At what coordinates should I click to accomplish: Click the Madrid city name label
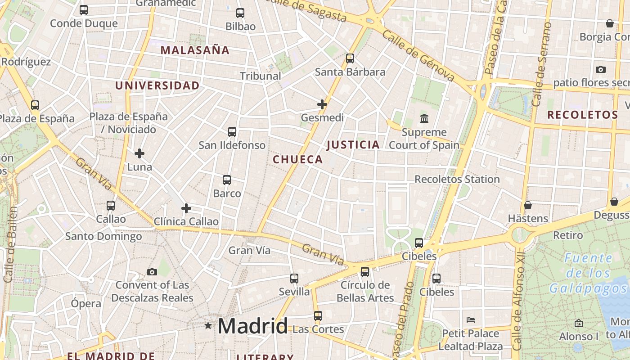tap(252, 326)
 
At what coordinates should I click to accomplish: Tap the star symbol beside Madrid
tap(208, 325)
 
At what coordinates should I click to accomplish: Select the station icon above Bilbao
tap(240, 13)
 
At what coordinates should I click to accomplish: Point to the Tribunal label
tap(261, 76)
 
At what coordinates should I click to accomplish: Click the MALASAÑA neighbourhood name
tap(195, 50)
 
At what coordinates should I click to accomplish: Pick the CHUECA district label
tap(298, 159)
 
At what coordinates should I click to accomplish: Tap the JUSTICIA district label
tap(353, 144)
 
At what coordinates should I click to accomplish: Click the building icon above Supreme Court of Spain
tap(424, 119)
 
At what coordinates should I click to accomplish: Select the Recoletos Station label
tap(457, 179)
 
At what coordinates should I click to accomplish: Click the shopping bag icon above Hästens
tap(528, 205)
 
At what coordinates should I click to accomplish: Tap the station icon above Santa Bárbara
tap(350, 58)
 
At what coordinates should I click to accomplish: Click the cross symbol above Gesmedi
tap(322, 104)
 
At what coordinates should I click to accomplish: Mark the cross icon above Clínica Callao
tap(186, 208)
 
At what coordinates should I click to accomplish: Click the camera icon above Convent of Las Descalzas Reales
tap(152, 272)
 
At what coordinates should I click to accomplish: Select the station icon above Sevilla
tap(294, 279)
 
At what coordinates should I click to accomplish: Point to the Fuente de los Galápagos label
tap(588, 273)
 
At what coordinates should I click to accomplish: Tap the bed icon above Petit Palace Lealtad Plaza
tap(471, 320)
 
